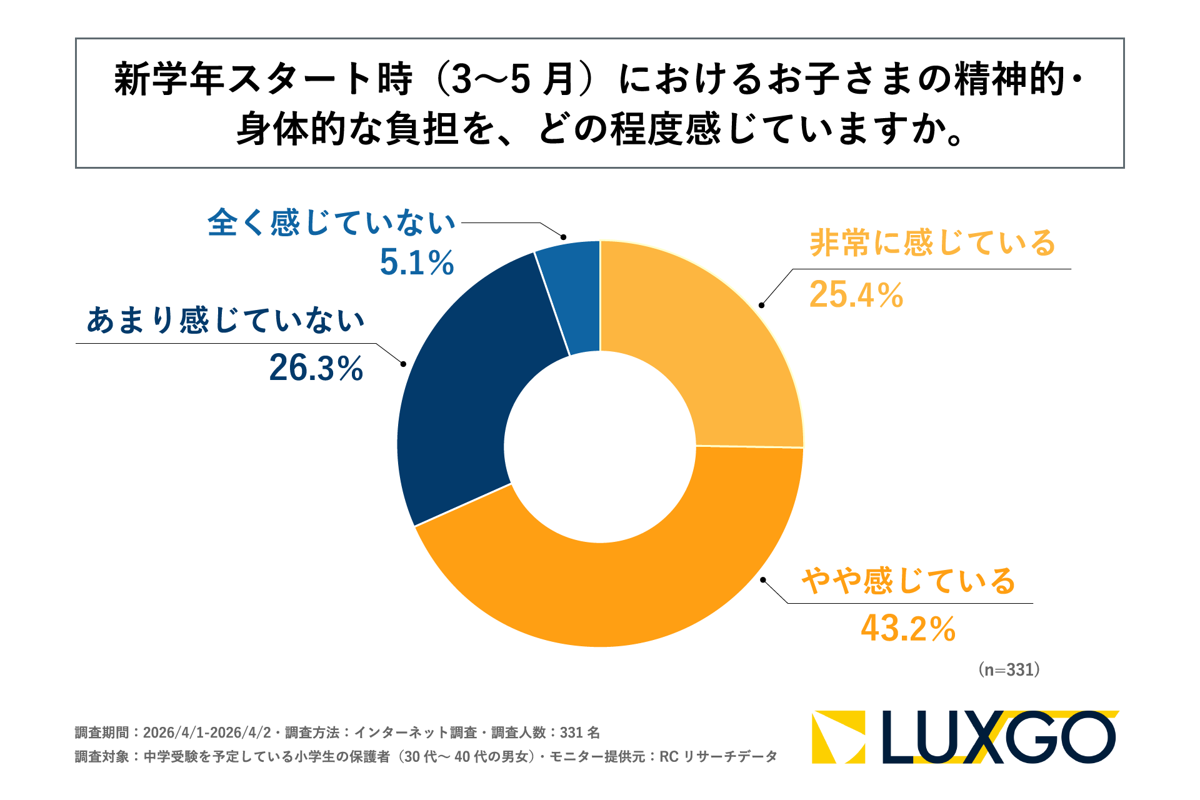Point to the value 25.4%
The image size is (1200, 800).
[856, 295]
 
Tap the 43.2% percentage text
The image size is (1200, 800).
[908, 629]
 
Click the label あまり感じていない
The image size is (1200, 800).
[226, 320]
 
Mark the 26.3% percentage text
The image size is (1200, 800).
[316, 368]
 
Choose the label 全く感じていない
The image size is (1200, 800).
[332, 223]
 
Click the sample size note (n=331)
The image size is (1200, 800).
[1009, 670]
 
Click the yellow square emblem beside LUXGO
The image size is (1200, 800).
[838, 737]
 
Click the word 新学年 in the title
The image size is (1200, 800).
[169, 80]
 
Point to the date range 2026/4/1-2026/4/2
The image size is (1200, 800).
[207, 732]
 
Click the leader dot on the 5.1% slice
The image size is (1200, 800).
[563, 237]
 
